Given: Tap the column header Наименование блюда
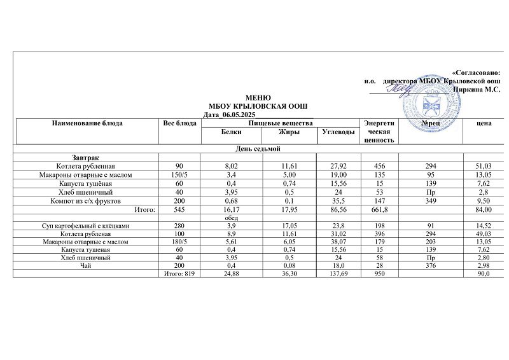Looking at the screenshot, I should pyautogui.click(x=87, y=123).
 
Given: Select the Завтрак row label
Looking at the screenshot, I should pyautogui.click(x=85, y=157).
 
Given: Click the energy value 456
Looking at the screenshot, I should pyautogui.click(x=379, y=165).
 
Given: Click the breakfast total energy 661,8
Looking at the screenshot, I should pyautogui.click(x=379, y=209).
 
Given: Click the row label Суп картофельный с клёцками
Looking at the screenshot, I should pyautogui.click(x=85, y=225).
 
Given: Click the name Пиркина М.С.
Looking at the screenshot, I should pyautogui.click(x=475, y=90).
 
